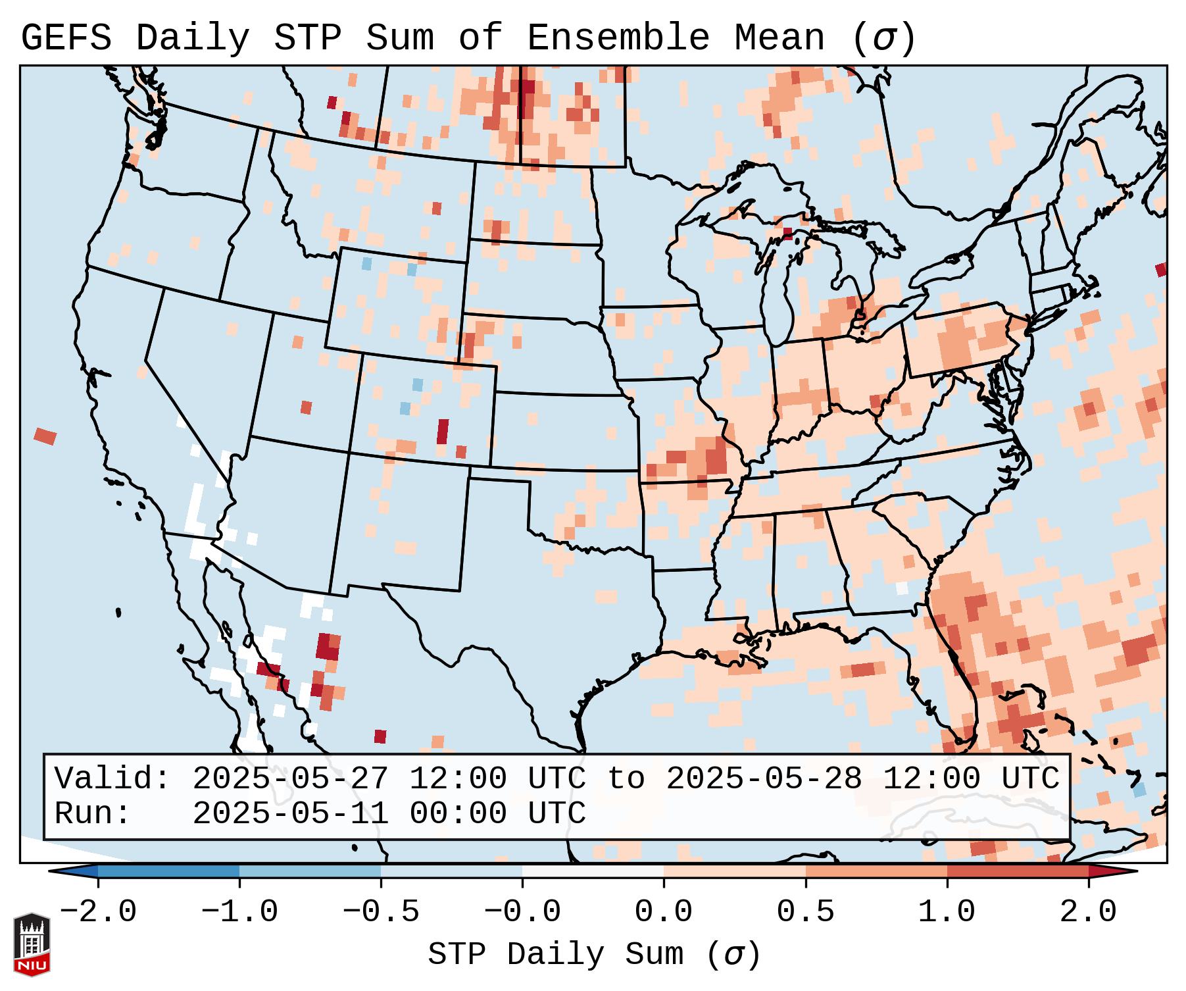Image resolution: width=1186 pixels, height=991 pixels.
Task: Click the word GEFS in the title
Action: [x=66, y=38]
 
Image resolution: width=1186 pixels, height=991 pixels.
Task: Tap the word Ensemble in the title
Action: [x=618, y=38]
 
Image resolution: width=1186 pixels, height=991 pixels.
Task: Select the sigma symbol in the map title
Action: [x=883, y=38]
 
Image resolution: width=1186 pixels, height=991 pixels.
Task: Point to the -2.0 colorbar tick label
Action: [x=98, y=912]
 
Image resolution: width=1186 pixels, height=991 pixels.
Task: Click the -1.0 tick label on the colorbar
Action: [x=239, y=912]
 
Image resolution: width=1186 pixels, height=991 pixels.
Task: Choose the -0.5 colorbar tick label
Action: [x=381, y=912]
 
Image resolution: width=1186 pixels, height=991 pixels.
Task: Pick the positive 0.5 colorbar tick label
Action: [x=806, y=912]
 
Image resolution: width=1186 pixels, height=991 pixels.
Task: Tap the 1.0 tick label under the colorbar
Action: [x=947, y=912]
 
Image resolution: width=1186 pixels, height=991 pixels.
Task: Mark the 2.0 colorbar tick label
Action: [x=1089, y=912]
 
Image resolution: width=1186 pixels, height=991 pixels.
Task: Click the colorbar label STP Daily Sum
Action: [x=556, y=955]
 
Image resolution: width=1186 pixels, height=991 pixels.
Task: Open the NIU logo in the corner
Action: [x=32, y=944]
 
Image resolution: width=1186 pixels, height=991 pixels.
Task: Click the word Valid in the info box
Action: [x=112, y=779]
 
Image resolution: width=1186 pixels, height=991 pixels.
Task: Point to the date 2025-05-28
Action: [x=764, y=779]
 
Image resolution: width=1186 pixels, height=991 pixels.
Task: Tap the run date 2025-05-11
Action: [x=290, y=814]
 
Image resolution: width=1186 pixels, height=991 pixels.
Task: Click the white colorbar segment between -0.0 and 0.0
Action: [x=593, y=871]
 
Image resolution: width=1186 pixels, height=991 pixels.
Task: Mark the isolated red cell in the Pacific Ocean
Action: [x=45, y=436]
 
